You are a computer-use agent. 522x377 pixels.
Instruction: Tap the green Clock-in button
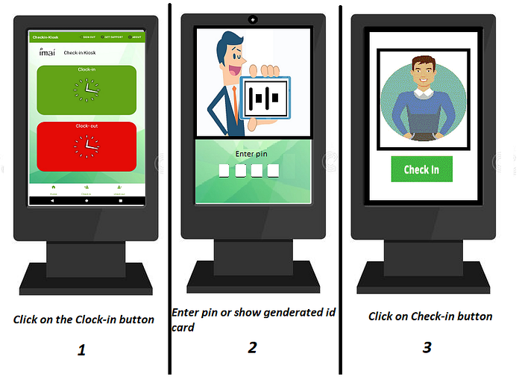click(x=87, y=90)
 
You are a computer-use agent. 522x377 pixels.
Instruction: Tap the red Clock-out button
click(x=87, y=146)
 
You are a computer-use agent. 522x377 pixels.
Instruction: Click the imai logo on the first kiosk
click(x=45, y=52)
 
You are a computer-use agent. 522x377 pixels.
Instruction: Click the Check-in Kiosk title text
click(x=80, y=53)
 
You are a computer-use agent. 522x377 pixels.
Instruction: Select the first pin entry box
click(x=225, y=171)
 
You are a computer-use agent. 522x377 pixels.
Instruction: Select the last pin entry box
click(x=274, y=171)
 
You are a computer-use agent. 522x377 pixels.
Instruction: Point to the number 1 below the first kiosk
click(x=82, y=349)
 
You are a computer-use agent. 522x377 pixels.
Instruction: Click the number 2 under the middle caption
click(x=253, y=346)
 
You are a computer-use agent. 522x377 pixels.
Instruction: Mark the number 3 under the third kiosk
click(x=427, y=346)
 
